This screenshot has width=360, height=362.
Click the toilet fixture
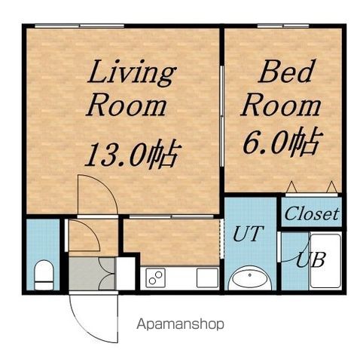pyautogui.click(x=44, y=275)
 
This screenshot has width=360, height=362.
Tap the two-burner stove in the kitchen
pyautogui.click(x=155, y=278)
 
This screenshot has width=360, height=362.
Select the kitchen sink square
pyautogui.click(x=207, y=278)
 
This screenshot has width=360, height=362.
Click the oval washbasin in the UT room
pyautogui.click(x=250, y=278)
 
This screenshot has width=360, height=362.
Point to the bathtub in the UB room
pyautogui.click(x=325, y=261)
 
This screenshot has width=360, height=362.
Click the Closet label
pyautogui.click(x=312, y=214)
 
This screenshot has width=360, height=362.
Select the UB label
pyautogui.click(x=311, y=259)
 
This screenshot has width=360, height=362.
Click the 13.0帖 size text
pyautogui.click(x=133, y=154)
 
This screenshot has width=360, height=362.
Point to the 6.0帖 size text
pyautogui.click(x=282, y=141)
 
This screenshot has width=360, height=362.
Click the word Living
pyautogui.click(x=131, y=73)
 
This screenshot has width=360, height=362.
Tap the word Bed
pyautogui.click(x=286, y=71)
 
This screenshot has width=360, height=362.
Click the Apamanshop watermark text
pyautogui.click(x=180, y=324)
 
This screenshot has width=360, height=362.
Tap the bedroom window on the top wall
pyautogui.click(x=283, y=26)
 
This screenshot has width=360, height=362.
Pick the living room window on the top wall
pyautogui.click(x=79, y=26)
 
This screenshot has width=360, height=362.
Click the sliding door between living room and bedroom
pyautogui.click(x=221, y=116)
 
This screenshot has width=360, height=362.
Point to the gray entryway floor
pyautogui.click(x=92, y=274)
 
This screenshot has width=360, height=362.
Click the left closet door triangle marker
pyautogui.click(x=291, y=187)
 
